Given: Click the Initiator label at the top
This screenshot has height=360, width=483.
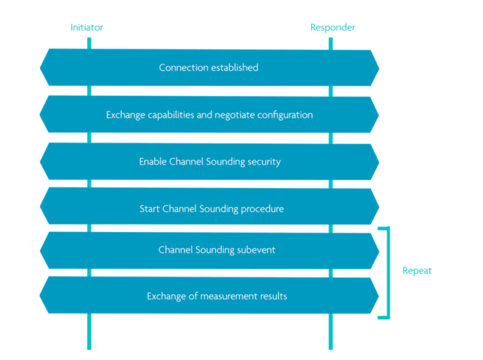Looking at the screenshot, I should click(x=88, y=28).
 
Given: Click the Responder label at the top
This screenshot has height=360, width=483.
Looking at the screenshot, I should click(x=332, y=28).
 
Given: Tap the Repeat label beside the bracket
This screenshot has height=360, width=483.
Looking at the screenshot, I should click(x=416, y=271).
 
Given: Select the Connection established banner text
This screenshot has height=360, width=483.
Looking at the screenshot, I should click(x=209, y=68).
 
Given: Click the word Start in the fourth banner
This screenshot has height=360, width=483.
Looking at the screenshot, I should click(x=150, y=209).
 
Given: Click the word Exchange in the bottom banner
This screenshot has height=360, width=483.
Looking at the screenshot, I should click(x=165, y=296).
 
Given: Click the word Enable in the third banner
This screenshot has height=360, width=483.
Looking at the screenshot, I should click(x=153, y=162).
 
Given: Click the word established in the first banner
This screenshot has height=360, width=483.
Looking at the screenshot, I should click(x=233, y=68).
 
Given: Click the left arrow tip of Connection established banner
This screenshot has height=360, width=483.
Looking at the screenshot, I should click(x=40, y=68).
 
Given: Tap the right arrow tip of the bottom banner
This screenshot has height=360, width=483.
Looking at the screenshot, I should click(x=378, y=296).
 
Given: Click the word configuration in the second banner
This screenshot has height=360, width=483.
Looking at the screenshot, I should click(x=286, y=115).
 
